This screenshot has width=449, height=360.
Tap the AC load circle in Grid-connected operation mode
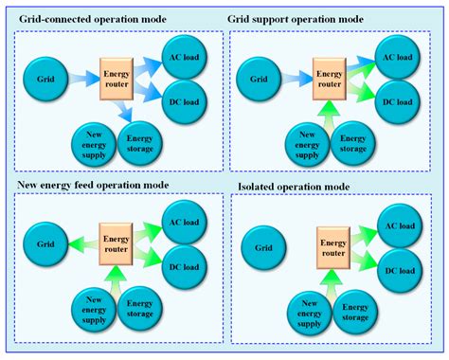184,55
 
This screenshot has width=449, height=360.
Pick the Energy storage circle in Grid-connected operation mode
143,141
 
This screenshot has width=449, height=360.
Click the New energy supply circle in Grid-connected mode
93,142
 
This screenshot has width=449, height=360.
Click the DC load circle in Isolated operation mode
399,271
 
